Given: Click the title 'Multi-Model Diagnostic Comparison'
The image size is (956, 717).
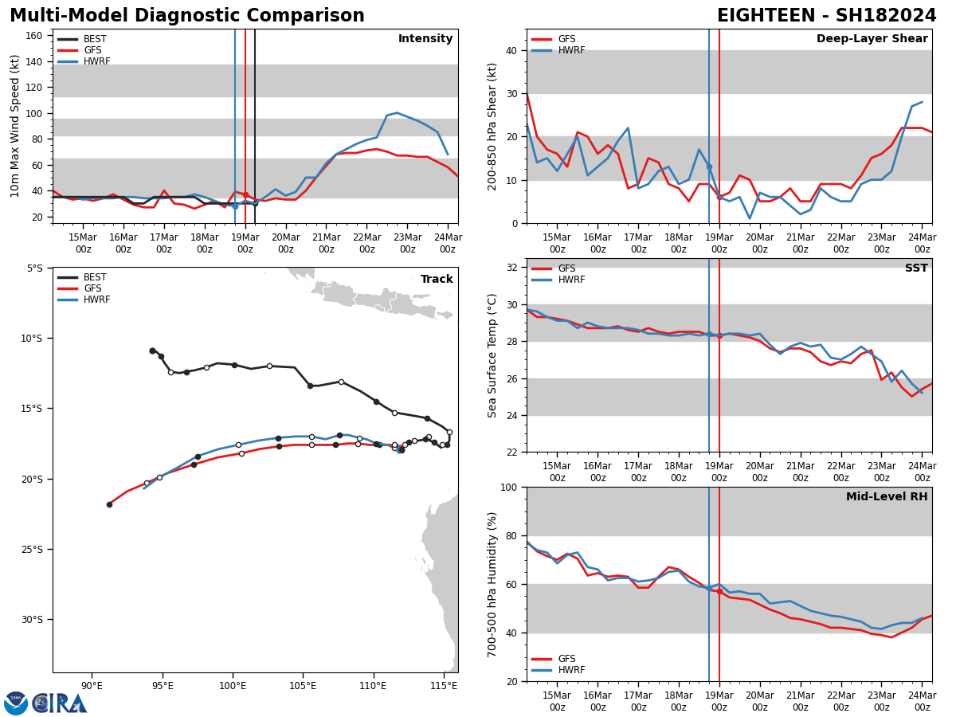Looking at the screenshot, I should (186, 16).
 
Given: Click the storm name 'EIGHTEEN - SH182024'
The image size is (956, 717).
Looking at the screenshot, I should (826, 16).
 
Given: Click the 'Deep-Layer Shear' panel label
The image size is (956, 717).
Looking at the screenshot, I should (872, 39).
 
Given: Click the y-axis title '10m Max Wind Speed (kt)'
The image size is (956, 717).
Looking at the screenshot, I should (15, 126).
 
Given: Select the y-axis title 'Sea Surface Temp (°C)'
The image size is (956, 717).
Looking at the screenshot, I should (492, 355).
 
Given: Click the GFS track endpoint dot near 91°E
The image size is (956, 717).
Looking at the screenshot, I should (109, 504).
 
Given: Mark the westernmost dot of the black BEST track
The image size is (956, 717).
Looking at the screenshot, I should (152, 351).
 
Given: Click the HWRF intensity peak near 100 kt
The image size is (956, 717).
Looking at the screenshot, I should (397, 113).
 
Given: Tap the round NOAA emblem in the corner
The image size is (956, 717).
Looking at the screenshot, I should (16, 703).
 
